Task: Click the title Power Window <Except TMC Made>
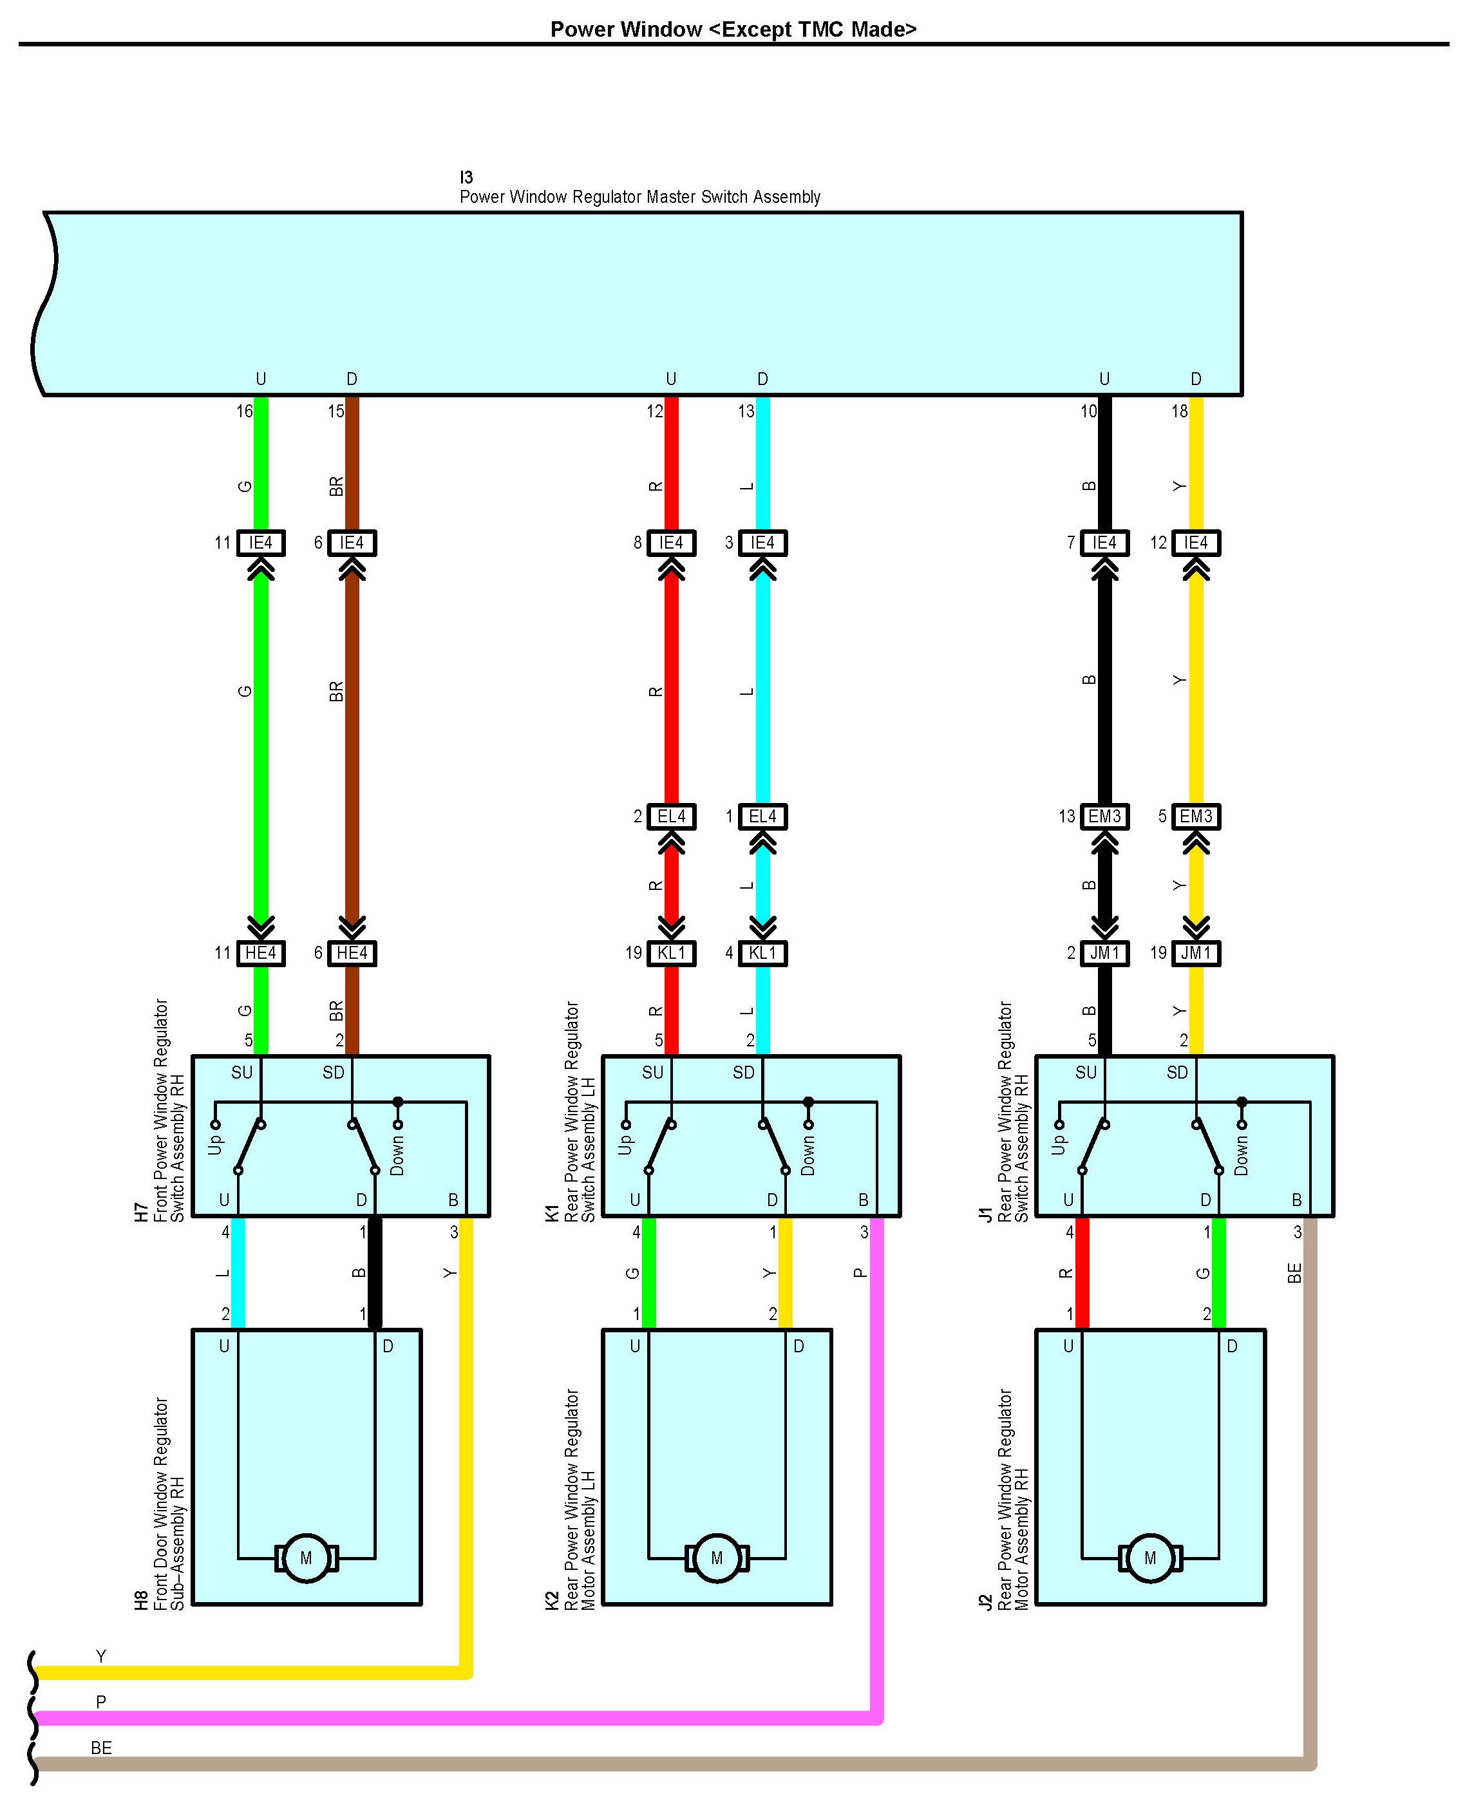click(733, 30)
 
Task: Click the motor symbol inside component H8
click(307, 1559)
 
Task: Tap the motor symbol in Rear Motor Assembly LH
click(717, 1559)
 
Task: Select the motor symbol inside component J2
click(1150, 1559)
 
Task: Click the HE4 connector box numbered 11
click(261, 954)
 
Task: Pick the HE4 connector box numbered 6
click(352, 954)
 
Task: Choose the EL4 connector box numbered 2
click(671, 817)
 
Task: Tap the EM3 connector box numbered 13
click(1104, 817)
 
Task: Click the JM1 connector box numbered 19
click(1196, 954)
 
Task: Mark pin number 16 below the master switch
click(244, 411)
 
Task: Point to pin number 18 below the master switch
click(1179, 411)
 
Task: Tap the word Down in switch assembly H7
click(397, 1155)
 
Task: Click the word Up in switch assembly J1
click(1058, 1145)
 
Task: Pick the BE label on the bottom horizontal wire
click(101, 1748)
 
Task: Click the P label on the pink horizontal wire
click(101, 1702)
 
